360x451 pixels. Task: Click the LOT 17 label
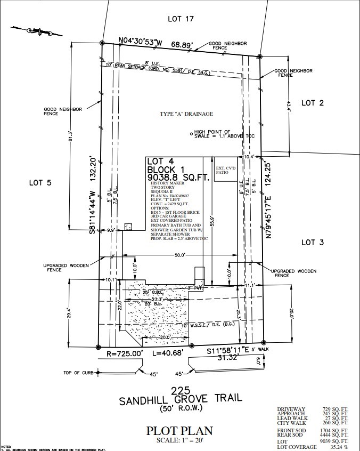pyautogui.click(x=180, y=19)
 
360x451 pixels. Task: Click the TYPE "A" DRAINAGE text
pyautogui.click(x=186, y=114)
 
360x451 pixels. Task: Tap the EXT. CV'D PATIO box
pyautogui.click(x=225, y=170)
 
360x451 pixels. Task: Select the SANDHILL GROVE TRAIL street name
pyautogui.click(x=179, y=398)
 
